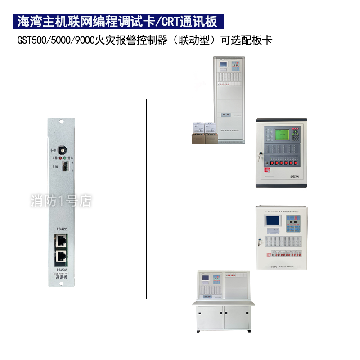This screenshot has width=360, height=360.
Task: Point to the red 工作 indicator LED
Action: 60,158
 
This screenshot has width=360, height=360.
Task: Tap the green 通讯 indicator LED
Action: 65,158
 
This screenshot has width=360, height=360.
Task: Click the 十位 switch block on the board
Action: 65,167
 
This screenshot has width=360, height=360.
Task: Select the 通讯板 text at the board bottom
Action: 61,278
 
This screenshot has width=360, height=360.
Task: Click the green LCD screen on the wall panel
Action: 281,135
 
